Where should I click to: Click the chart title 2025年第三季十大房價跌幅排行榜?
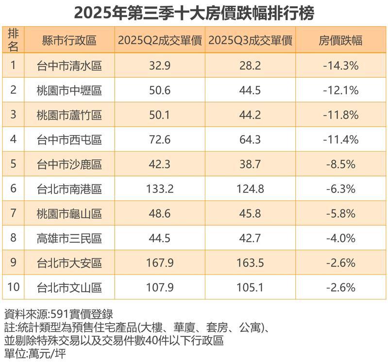coord(194,13)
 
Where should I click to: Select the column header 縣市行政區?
coord(69,41)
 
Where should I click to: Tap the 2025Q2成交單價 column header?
coord(159,41)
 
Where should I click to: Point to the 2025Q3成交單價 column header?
coord(250,41)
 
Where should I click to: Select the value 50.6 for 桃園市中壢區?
coord(159,90)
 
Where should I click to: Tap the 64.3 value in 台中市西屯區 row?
coord(250,140)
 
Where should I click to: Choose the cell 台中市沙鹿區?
coord(69,165)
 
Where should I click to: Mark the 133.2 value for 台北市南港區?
coord(159,189)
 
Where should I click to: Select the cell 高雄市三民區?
coord(69,239)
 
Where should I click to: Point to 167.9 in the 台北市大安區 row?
coord(159,263)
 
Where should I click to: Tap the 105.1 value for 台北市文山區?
coord(250,288)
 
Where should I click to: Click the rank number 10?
coord(14,288)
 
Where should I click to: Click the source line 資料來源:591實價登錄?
coord(58,313)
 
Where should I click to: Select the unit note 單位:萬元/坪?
coord(34,353)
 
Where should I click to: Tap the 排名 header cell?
coord(14,40)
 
